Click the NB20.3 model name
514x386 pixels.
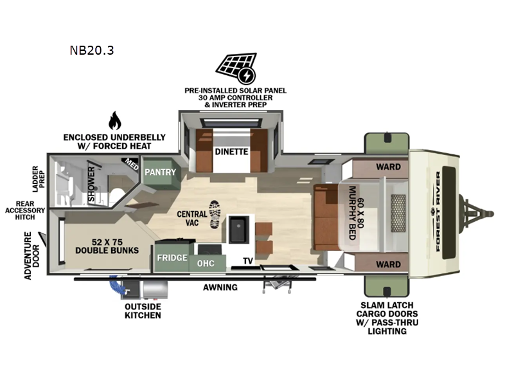(92, 50)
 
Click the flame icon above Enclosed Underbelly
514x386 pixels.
(114, 120)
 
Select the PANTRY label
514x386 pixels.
(156, 172)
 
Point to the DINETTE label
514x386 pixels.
(231, 152)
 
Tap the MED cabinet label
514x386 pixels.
(132, 165)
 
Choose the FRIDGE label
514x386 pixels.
(172, 257)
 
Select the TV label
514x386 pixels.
(247, 261)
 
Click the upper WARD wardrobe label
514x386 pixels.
(388, 167)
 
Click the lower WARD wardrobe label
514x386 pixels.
(388, 264)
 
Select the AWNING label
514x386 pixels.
(220, 287)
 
